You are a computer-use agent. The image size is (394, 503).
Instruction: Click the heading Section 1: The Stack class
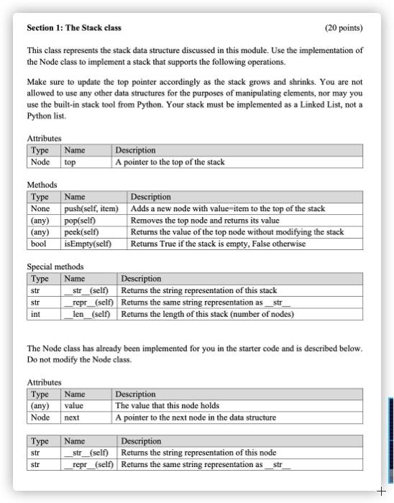point(74,28)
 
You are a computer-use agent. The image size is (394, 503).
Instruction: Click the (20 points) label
point(344,28)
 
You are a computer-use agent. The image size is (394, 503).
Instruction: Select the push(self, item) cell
point(91,208)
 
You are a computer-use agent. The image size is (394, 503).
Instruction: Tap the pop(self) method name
point(81,221)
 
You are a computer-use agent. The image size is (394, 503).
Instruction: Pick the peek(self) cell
point(81,232)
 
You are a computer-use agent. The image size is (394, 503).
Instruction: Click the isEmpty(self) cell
point(88,244)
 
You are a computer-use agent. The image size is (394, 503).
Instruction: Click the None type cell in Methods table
point(40,208)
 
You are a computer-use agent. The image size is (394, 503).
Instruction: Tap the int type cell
point(36,314)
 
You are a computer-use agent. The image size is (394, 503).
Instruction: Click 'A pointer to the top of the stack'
point(170,162)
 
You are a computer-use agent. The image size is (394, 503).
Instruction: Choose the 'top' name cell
point(70,162)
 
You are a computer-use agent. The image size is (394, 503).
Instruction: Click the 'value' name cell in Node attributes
point(74,405)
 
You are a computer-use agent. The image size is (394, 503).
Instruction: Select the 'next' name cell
point(72,417)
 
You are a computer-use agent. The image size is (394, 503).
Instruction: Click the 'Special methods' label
point(55,267)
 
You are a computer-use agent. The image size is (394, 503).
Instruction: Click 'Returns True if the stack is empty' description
point(218,244)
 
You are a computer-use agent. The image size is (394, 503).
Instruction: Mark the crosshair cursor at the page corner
point(381,491)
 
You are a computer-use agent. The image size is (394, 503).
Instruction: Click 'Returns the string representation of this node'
point(198,453)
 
